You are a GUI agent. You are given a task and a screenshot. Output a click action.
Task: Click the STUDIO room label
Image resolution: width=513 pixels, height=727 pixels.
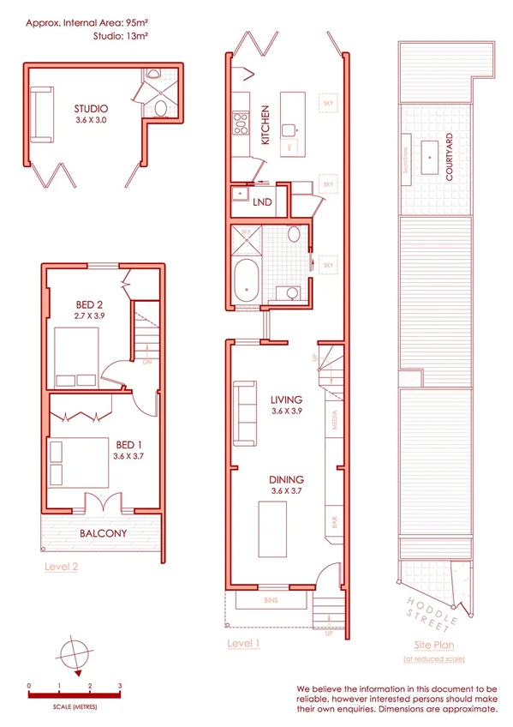(90, 109)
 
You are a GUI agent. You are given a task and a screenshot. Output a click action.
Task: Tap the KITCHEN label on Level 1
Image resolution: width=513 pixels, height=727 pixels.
(265, 125)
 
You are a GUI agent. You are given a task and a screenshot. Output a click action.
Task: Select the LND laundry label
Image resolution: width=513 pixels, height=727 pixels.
(263, 202)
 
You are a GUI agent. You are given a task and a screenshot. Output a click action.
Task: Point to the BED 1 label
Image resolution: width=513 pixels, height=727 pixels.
(129, 445)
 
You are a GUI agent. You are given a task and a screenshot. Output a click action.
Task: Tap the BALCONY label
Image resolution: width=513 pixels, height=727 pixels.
(103, 533)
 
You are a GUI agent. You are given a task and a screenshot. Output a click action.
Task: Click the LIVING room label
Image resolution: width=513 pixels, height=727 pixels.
(288, 400)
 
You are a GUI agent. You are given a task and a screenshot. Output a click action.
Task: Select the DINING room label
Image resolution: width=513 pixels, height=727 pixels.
(288, 479)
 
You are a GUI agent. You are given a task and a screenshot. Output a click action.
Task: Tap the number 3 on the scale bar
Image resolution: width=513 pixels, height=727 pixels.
(121, 686)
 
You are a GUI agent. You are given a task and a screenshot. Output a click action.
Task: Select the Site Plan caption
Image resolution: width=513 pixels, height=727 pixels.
(433, 645)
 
